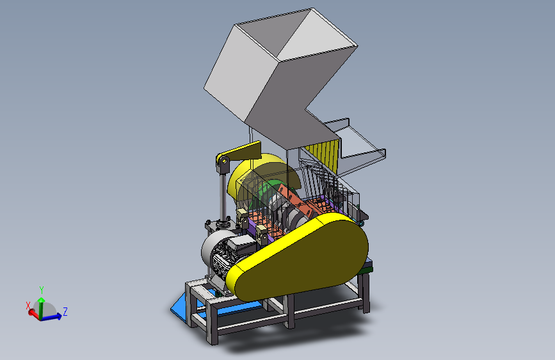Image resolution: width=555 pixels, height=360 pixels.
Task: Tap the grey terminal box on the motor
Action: point(242,245)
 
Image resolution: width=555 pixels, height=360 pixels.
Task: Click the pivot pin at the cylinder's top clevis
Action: point(223,161)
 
